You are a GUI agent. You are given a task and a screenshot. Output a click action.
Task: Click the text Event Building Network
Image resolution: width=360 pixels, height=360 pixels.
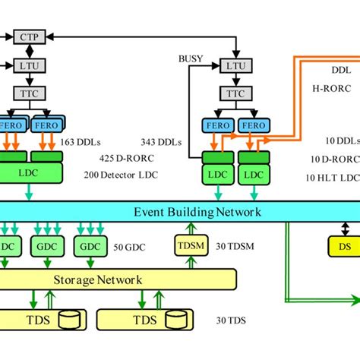[x=197, y=212]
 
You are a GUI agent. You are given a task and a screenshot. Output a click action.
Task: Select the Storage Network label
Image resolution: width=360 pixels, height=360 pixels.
[x=98, y=279]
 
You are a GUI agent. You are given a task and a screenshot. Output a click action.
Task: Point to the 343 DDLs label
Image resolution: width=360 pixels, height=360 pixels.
[x=163, y=142]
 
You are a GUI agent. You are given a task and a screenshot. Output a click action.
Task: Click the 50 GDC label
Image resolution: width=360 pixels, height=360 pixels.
[x=128, y=248]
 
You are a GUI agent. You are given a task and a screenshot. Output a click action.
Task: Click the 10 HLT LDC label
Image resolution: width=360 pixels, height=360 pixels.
[x=335, y=177]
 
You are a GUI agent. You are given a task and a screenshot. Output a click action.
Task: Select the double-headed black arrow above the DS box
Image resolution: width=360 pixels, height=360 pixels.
[x=345, y=229]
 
